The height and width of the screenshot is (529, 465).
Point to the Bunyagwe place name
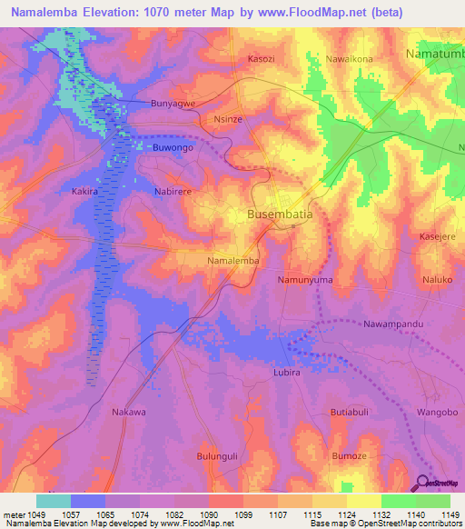(x=173, y=105)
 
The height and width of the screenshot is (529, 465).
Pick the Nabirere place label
(x=173, y=193)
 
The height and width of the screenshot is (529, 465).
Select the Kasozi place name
(x=264, y=59)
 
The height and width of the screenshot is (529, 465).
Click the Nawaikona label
(x=349, y=59)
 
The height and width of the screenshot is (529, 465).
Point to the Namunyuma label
(x=305, y=281)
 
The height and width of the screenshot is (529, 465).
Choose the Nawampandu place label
(x=394, y=324)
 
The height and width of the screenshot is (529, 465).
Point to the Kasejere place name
(x=437, y=236)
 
